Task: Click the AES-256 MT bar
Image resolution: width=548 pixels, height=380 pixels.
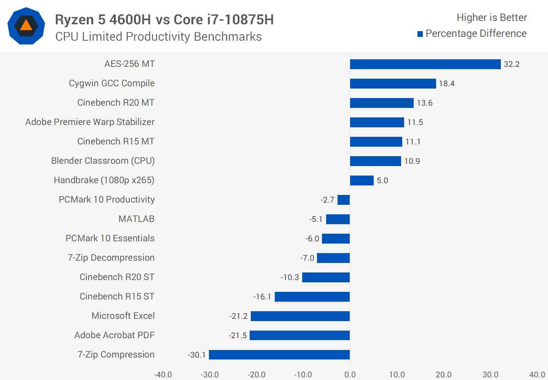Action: click(x=425, y=64)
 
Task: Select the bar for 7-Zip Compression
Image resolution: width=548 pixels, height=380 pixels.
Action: click(x=279, y=355)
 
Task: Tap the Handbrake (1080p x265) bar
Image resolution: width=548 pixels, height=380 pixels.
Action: click(x=362, y=180)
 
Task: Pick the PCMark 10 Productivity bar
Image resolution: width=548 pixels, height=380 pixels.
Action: click(x=344, y=200)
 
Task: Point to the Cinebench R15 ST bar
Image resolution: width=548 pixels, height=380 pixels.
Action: click(x=312, y=297)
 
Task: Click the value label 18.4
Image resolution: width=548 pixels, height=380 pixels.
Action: click(x=447, y=84)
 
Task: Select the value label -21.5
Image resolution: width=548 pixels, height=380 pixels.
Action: click(x=238, y=336)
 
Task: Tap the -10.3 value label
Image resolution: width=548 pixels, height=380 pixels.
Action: click(x=290, y=277)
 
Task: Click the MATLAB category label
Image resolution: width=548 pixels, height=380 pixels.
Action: click(x=136, y=219)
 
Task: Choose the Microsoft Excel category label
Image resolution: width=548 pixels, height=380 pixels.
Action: click(x=123, y=316)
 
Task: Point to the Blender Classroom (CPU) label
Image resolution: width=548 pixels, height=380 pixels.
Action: click(x=103, y=161)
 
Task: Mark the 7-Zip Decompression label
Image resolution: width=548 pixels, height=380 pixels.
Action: click(x=111, y=258)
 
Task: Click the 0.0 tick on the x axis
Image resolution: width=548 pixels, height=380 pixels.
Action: click(x=350, y=375)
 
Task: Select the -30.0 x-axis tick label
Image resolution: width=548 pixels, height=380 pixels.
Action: click(x=210, y=375)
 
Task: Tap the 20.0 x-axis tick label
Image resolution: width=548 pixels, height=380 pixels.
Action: click(x=444, y=375)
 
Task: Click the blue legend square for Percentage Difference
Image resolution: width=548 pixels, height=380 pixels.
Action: click(x=420, y=34)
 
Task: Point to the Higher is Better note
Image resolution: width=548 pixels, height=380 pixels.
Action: click(x=492, y=17)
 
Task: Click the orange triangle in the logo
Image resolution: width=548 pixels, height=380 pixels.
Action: click(x=26, y=25)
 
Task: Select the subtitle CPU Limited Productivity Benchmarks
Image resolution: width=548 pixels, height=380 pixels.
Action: click(x=158, y=36)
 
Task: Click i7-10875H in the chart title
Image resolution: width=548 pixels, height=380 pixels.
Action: click(x=240, y=20)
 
